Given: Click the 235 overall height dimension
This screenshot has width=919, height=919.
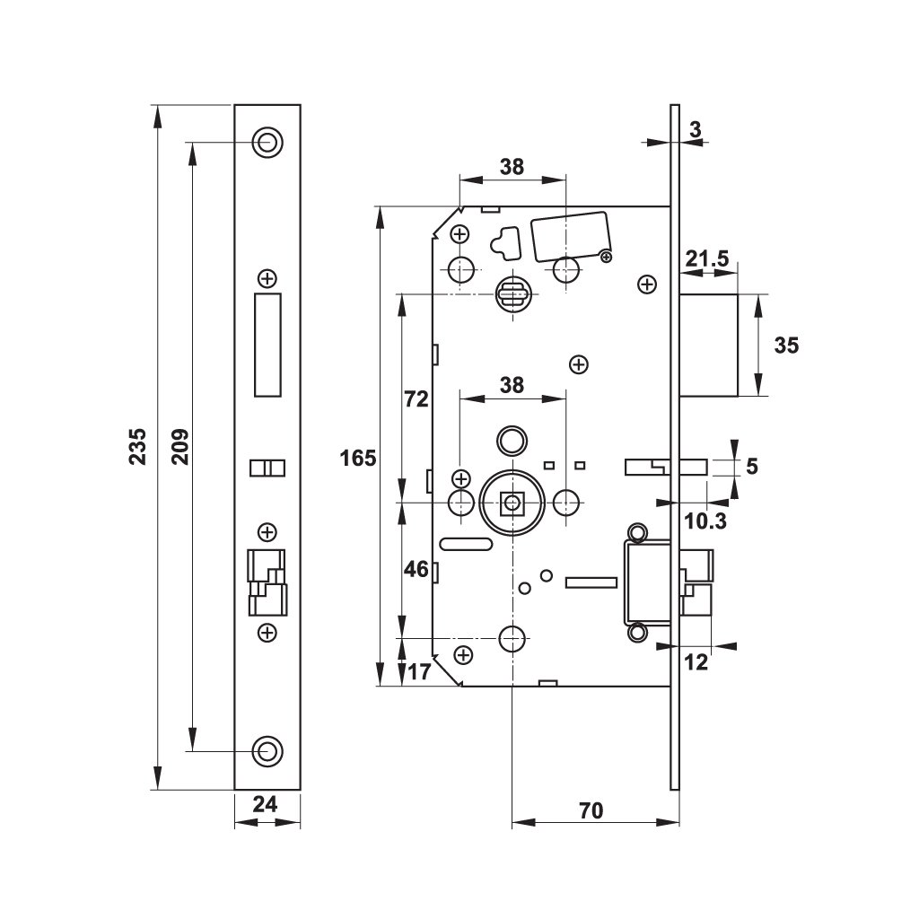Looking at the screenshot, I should (x=137, y=447).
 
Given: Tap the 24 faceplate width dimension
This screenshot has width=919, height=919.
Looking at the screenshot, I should (x=265, y=805).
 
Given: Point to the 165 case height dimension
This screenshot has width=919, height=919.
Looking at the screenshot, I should (x=357, y=459).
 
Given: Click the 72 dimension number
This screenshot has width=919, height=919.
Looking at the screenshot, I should (x=416, y=399).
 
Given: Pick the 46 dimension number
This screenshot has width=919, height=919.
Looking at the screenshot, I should (x=416, y=568).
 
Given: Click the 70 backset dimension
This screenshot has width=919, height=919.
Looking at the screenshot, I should (x=589, y=810).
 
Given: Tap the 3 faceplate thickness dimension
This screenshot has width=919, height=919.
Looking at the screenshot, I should (x=694, y=129).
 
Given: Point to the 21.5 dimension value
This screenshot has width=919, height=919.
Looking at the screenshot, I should (x=706, y=258).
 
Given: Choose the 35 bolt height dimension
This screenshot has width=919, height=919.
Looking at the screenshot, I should (x=785, y=345).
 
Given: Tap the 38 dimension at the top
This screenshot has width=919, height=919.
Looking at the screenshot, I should (x=512, y=166).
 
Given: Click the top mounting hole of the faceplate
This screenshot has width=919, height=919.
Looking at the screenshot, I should (x=267, y=142).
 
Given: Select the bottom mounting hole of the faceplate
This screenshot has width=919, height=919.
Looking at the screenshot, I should (x=267, y=750).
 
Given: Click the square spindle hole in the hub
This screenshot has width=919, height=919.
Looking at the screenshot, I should (x=512, y=503).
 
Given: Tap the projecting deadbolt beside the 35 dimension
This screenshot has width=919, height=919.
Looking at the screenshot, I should (x=709, y=345).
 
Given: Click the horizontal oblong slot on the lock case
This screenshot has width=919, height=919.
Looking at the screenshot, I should (x=465, y=543).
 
